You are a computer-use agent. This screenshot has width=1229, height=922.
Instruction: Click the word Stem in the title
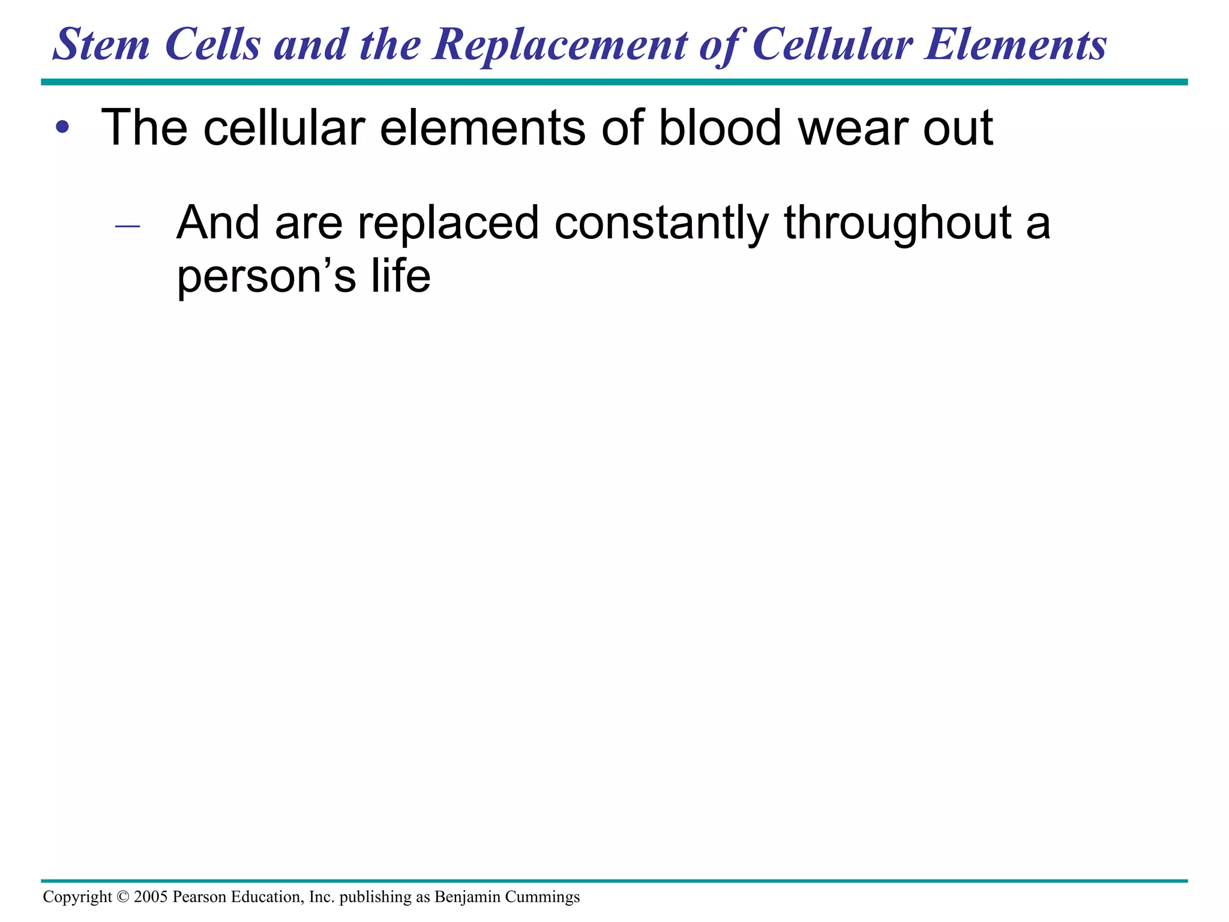[x=101, y=45]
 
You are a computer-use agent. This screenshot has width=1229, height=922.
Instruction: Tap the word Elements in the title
[x=1015, y=45]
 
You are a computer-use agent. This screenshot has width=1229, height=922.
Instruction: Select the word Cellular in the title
[x=832, y=45]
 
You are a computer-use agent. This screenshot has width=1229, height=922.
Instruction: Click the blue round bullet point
[x=62, y=127]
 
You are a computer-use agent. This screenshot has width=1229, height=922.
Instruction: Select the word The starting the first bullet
[x=144, y=127]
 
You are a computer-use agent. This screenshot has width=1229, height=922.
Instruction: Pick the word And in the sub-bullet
[x=217, y=223]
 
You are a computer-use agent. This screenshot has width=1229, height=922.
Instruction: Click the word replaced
[x=448, y=223]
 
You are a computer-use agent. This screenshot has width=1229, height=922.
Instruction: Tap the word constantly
[x=661, y=223]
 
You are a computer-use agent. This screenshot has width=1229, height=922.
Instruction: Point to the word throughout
[x=898, y=223]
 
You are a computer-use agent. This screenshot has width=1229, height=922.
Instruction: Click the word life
[x=401, y=276]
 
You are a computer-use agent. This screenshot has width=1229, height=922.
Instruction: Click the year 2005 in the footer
[x=151, y=897]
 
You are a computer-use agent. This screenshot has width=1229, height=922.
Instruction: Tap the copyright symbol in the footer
[x=123, y=897]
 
